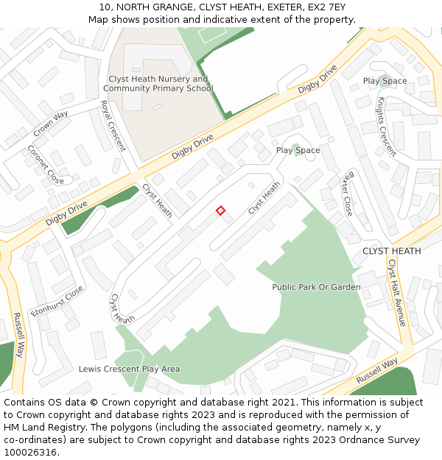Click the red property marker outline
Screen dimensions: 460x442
point(220,210)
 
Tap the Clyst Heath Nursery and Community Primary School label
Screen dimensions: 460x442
point(158,84)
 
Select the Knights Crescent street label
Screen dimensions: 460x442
point(387,127)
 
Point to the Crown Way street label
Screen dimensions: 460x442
point(51,124)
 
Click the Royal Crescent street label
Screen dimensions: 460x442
point(113,126)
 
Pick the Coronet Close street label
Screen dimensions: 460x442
point(46,164)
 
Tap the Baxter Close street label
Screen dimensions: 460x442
point(347,193)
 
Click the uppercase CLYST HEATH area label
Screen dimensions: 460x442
point(392,251)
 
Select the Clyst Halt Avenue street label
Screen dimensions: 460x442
point(396,292)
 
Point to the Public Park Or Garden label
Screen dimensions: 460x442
point(316,287)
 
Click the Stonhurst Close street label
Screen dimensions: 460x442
point(57,301)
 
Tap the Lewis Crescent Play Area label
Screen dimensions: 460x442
point(129,369)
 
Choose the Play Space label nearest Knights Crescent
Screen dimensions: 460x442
point(385,81)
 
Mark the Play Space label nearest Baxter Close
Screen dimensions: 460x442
point(298,150)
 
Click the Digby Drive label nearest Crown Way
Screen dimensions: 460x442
point(66,212)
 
